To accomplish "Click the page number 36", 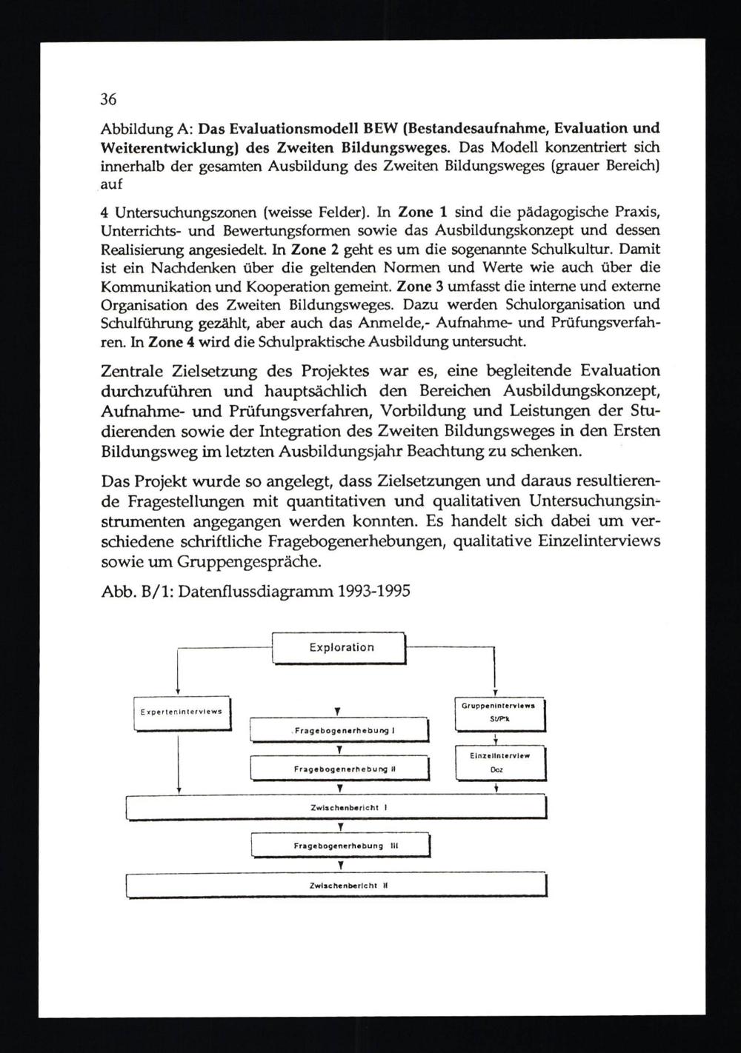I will (109, 99).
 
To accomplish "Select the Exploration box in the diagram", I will (340, 648).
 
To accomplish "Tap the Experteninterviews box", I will (182, 712).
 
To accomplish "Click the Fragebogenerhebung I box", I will (340, 731).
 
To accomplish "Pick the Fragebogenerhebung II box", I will (340, 769).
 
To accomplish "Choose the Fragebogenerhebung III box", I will (340, 845).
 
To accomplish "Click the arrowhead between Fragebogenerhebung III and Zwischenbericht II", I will (340, 865).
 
